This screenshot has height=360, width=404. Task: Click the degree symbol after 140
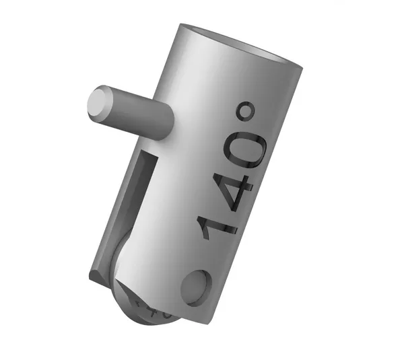coord(246,114)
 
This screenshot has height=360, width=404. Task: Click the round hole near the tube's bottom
coord(195,284)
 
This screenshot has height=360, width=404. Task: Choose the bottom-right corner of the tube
coord(217,316)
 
